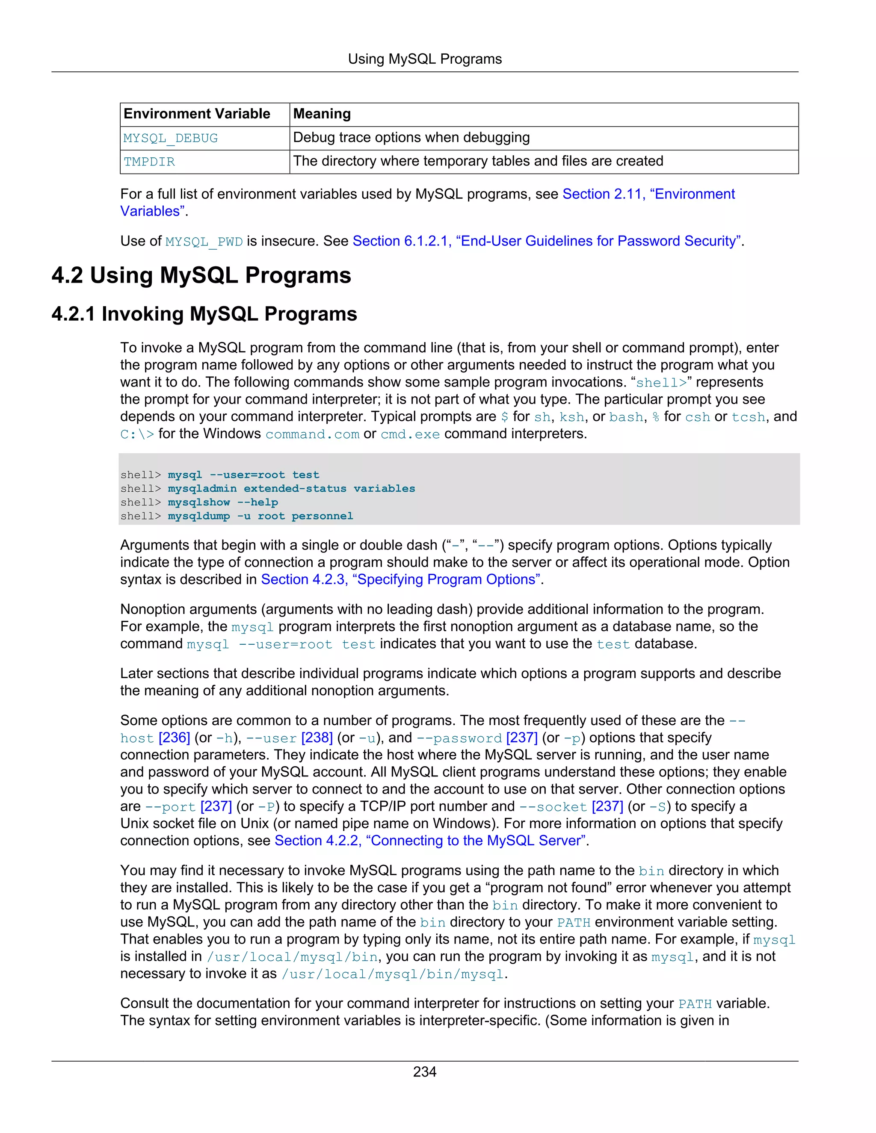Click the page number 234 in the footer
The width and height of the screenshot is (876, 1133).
point(424,1071)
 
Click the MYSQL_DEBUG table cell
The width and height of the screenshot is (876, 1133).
point(171,139)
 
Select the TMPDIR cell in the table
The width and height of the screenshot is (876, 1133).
point(149,162)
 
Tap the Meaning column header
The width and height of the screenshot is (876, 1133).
point(322,114)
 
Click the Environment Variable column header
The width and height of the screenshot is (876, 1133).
point(197,114)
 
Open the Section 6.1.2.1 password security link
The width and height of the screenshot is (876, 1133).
point(547,241)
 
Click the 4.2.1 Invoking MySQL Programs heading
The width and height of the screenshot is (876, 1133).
point(204,314)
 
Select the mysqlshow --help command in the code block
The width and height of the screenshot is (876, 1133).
point(222,502)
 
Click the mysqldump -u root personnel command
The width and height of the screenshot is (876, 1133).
point(260,516)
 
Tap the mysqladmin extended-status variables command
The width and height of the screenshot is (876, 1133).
point(291,489)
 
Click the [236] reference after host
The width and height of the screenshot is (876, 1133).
point(175,738)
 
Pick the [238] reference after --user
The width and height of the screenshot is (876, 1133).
point(317,738)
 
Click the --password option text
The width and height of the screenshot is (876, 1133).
point(459,738)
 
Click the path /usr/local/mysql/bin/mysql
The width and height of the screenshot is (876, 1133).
point(392,974)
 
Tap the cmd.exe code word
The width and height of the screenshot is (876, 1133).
point(410,434)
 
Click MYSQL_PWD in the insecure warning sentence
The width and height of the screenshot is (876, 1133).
point(204,242)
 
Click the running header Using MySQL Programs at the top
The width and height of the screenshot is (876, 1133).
point(424,59)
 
